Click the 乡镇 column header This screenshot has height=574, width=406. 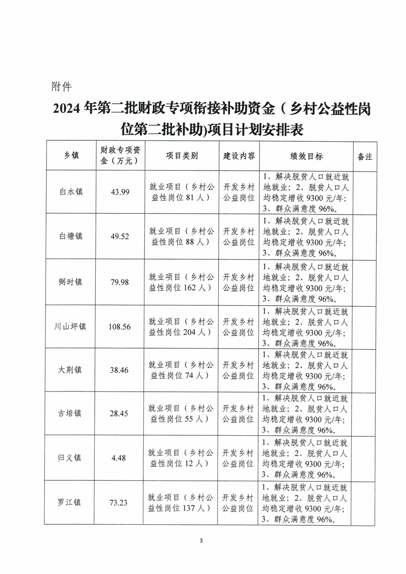click(71, 156)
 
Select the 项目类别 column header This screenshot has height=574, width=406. click(182, 156)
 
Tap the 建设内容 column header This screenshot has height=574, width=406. click(239, 156)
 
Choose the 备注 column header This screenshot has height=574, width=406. click(365, 156)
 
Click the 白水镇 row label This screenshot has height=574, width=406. click(71, 193)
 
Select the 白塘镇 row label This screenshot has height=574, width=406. click(71, 237)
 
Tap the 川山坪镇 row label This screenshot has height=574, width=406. click(71, 326)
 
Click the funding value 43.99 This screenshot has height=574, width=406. click(120, 193)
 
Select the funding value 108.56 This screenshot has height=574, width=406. click(120, 326)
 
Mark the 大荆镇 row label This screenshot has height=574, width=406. click(71, 370)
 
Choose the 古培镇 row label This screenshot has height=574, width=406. click(71, 413)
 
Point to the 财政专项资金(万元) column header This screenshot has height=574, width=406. click(120, 156)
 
